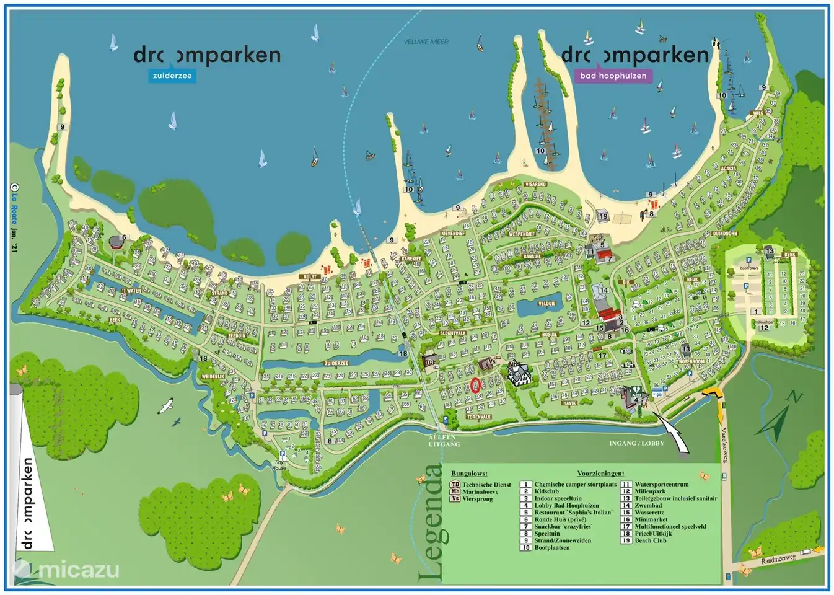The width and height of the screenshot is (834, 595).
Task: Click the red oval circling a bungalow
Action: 475,386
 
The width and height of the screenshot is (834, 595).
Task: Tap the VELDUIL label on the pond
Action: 546,304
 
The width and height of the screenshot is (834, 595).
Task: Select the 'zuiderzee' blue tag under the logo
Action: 172,76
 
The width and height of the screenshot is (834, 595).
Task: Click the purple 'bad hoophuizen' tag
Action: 613,76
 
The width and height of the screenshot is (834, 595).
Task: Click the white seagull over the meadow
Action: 166,406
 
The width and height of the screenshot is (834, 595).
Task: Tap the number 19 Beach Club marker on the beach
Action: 603,216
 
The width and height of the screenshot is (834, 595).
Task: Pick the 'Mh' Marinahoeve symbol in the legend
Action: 455,491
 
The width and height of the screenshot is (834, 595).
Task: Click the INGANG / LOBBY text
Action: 636,443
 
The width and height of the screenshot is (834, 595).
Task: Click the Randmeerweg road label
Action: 778,559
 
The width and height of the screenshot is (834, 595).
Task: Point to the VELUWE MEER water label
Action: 426,42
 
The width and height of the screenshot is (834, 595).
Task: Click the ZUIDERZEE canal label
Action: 336,364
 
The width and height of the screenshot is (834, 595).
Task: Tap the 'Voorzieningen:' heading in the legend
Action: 600,474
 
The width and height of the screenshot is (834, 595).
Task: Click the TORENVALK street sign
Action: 478,417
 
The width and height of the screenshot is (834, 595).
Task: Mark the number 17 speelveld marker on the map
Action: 602,356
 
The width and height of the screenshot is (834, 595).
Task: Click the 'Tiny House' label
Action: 279,465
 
